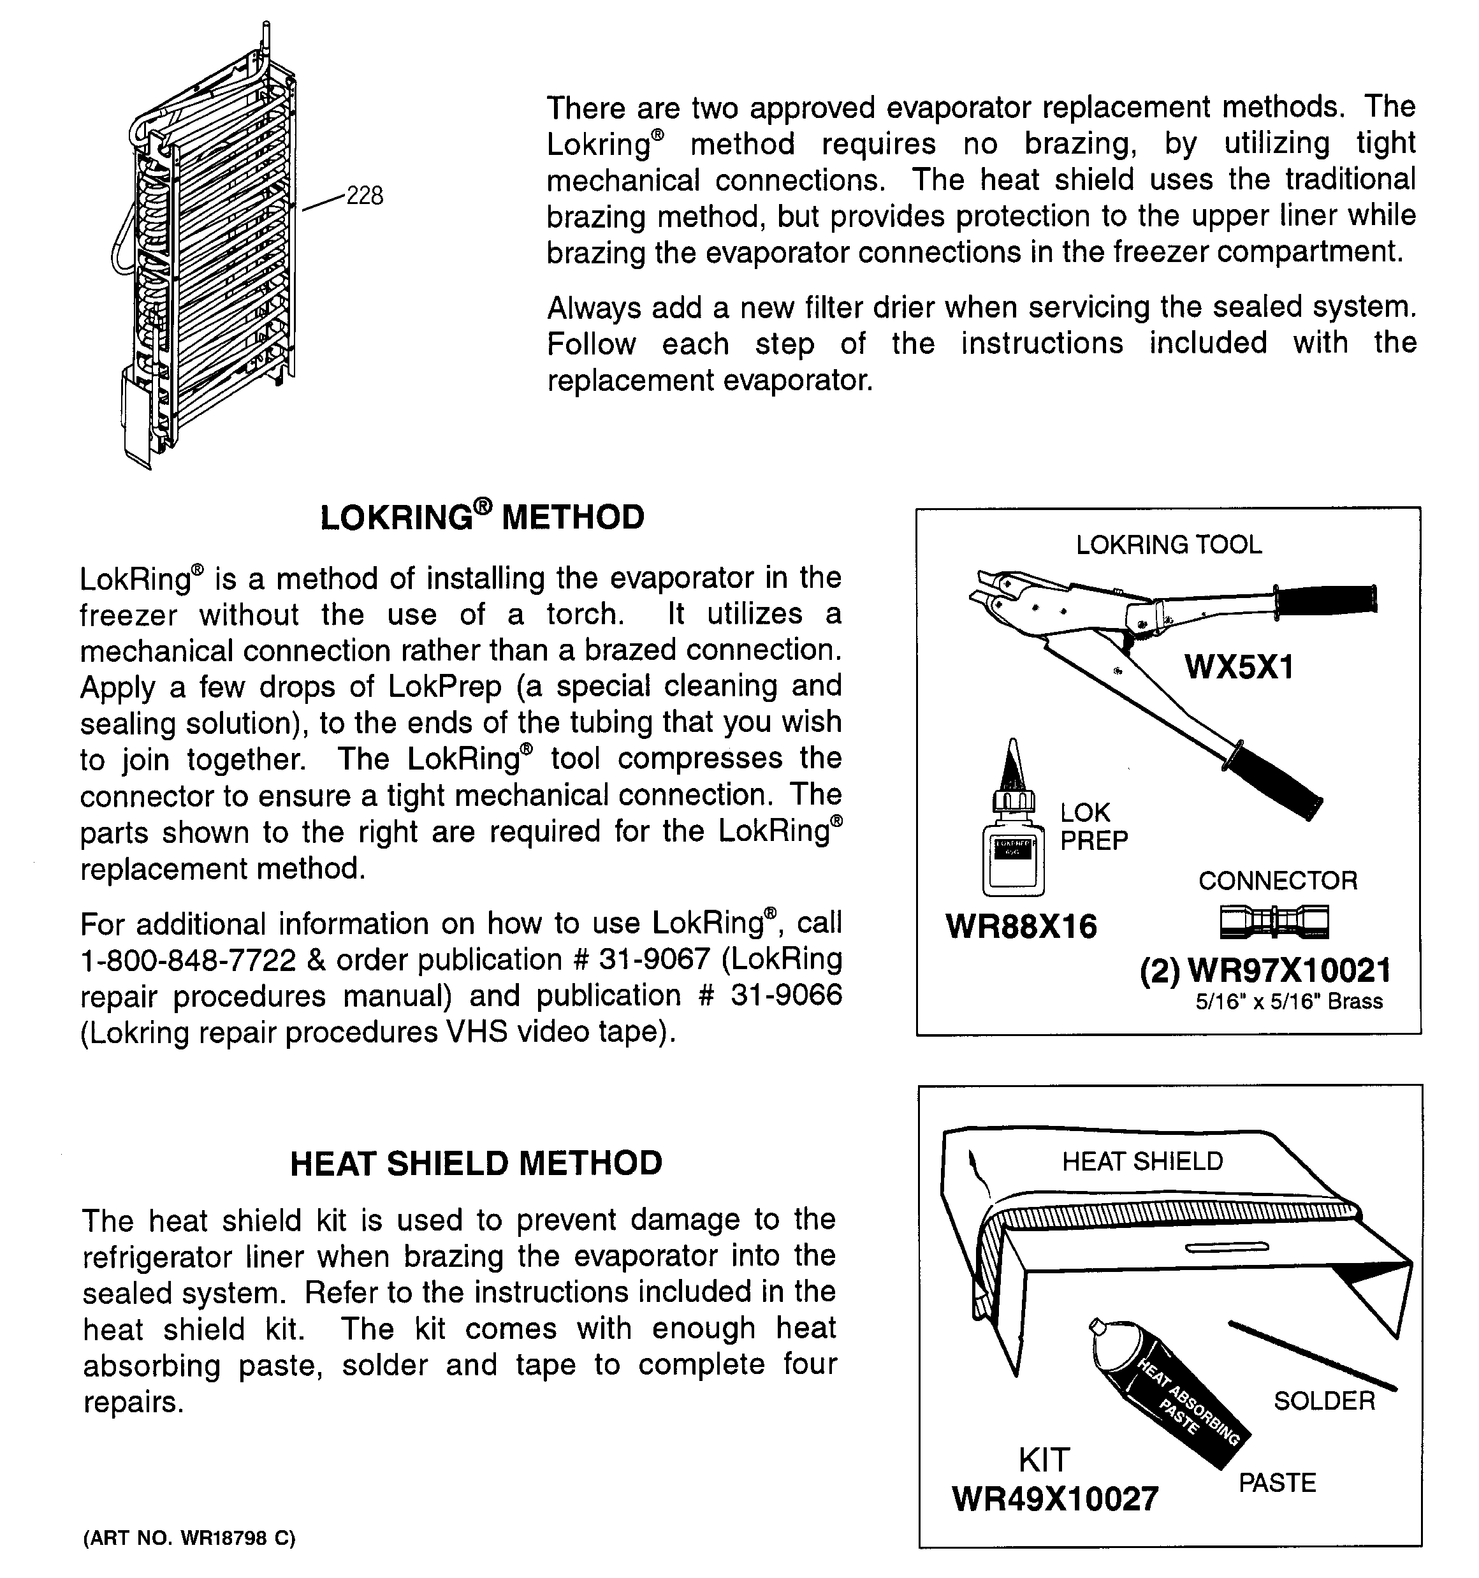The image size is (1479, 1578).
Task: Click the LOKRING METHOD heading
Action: coord(482,518)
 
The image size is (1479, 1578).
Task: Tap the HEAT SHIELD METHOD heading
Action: coord(476,1163)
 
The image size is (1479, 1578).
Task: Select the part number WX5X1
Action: coord(1239,667)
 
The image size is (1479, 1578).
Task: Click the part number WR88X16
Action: coord(1021,926)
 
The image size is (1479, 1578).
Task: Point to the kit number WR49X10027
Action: coord(1055,1500)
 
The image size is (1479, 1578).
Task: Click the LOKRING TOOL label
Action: coord(1169,544)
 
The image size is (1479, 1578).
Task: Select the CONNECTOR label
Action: coord(1278,880)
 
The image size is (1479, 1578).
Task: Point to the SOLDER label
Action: coord(1324,1401)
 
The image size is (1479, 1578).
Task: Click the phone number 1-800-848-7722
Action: coord(188,960)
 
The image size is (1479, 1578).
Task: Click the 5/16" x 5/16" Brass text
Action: coord(1289,1002)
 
